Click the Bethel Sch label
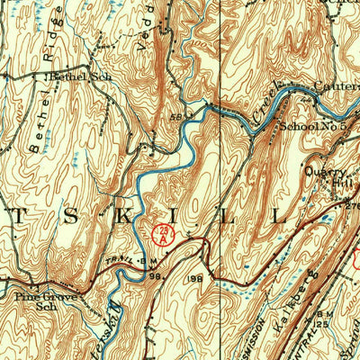(x=80, y=77)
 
